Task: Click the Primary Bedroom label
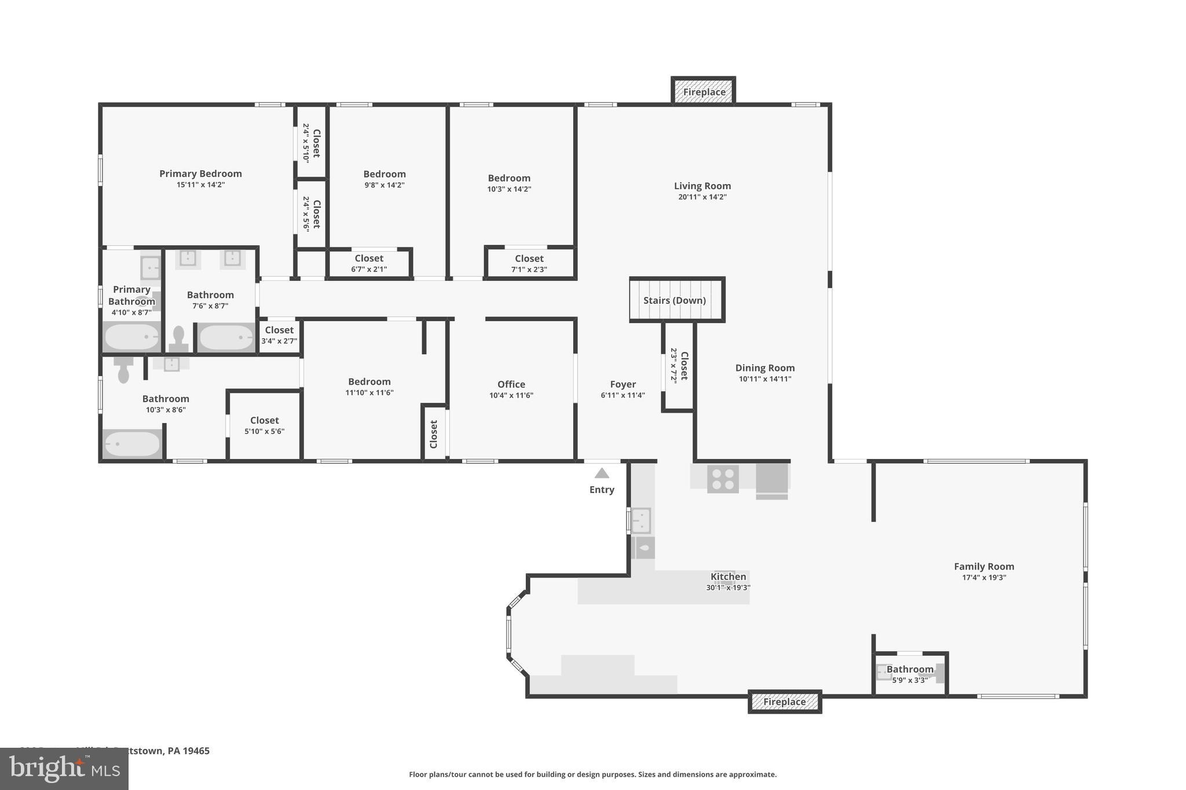coord(200,174)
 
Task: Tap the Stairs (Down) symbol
coord(676,300)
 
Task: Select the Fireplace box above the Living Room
coord(704,91)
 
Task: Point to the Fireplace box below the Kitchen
coord(784,701)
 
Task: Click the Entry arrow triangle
coord(602,473)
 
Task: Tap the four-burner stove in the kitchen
coord(723,479)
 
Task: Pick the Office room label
coord(511,384)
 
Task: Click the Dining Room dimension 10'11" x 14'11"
coord(764,379)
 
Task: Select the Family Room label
coord(983,567)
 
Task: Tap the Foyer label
coord(623,384)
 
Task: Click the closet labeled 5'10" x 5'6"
coord(264,425)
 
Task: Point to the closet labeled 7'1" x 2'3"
coord(529,263)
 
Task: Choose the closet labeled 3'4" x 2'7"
coord(279,335)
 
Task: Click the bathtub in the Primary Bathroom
coord(131,337)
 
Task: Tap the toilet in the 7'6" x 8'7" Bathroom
coord(178,339)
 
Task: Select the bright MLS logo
coord(64,769)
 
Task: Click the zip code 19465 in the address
coord(196,751)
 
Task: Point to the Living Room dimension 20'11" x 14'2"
coord(702,197)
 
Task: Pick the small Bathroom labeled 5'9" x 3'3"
coord(909,674)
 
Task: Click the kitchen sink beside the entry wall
coord(640,520)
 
